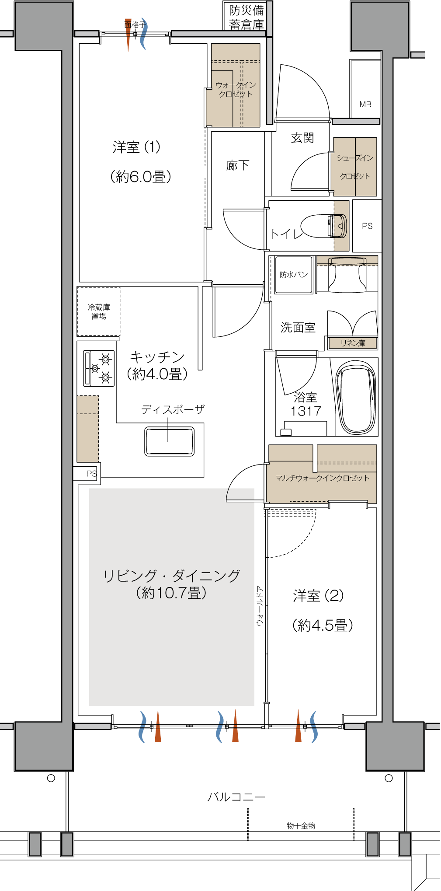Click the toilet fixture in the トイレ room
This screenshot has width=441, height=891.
pos(324,226)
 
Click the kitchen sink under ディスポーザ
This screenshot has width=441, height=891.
pos(169,441)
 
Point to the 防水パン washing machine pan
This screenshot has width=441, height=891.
pos(294,275)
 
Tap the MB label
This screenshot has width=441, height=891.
pos(365,105)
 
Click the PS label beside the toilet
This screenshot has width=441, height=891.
pos(367,226)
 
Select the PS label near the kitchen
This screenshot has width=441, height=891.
pos(91,473)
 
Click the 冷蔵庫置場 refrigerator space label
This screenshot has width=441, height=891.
pos(99,311)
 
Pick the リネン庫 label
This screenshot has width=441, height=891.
pos(353,343)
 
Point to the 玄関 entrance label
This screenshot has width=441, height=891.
pos(302,138)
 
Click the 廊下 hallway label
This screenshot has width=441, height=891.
pos(238,165)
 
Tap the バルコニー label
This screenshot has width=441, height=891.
pos(236,797)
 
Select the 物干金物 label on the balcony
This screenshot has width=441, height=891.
pos(301,826)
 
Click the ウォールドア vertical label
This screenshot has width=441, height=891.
pos(260,606)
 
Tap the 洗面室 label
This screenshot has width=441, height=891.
pos(298,327)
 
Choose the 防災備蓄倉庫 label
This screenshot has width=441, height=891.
pos(247,17)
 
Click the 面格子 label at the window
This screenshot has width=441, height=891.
pos(135,24)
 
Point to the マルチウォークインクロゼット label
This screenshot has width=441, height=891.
pos(323,478)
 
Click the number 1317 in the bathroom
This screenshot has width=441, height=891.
pos(306,411)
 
